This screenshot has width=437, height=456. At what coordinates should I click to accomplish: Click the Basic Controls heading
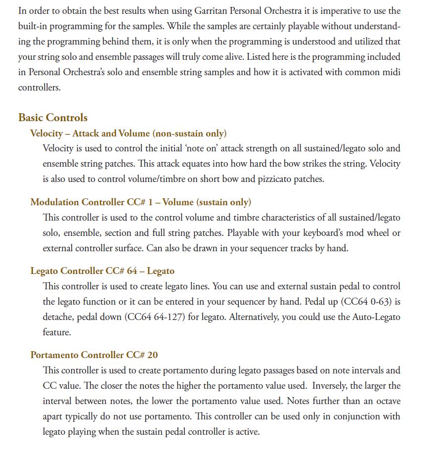[53, 118]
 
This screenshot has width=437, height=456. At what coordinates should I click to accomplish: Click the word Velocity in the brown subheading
[46, 134]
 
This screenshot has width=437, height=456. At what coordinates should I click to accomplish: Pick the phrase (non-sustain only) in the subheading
[190, 134]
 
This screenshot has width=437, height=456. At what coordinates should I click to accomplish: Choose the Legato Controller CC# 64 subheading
[81, 271]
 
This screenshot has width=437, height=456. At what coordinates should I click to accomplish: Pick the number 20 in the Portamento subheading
[152, 355]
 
